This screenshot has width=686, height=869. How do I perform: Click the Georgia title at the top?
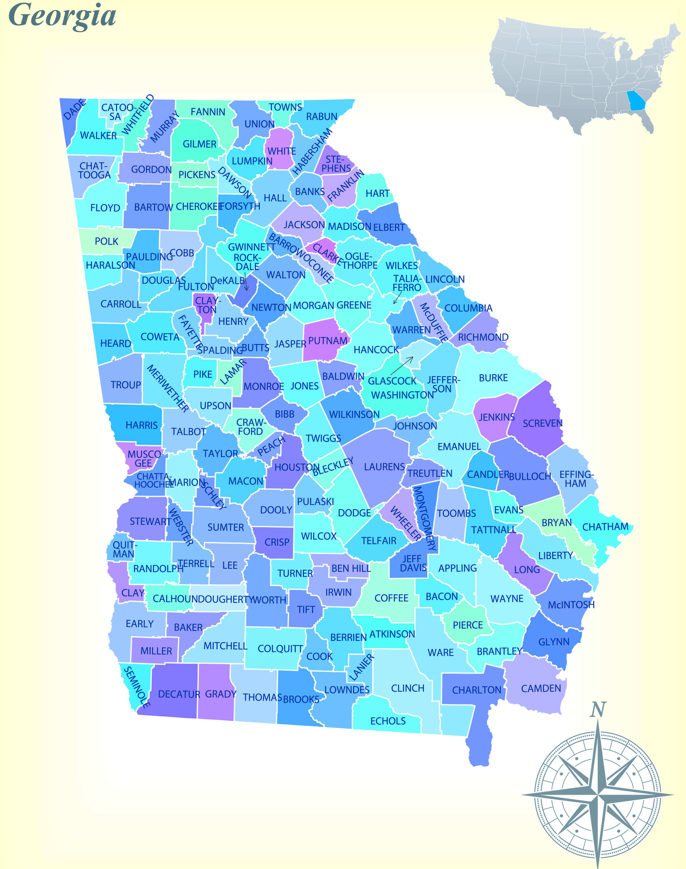(x=62, y=16)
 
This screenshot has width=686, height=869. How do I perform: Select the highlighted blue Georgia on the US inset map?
(x=636, y=101)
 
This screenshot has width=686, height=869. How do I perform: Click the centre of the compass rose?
(x=598, y=794)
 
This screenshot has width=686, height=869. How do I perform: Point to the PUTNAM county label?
(x=328, y=341)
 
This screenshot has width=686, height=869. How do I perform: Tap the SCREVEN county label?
(x=542, y=423)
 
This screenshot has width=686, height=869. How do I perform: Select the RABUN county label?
(x=322, y=117)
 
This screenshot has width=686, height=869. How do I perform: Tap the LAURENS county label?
(x=384, y=467)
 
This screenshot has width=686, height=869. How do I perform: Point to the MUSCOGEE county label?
(x=145, y=459)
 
